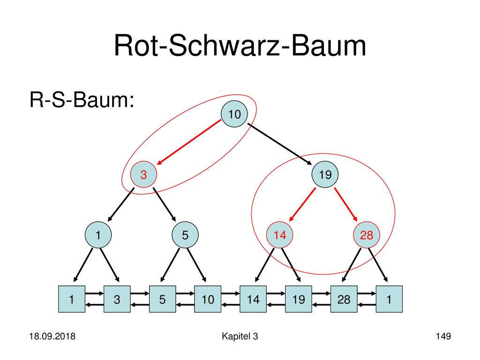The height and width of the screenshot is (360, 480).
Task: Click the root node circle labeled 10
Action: [234, 114]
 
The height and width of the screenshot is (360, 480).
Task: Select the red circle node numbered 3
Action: [143, 174]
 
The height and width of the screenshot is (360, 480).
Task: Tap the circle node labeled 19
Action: [325, 174]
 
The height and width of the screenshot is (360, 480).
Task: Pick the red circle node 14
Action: [279, 235]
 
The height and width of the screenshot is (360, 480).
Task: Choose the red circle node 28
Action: [367, 235]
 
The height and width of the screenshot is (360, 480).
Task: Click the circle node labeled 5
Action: [185, 235]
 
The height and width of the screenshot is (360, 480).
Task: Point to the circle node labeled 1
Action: [98, 235]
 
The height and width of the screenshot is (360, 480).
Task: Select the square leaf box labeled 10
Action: [208, 299]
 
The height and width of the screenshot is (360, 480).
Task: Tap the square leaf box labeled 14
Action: [253, 299]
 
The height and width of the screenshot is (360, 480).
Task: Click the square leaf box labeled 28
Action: [344, 299]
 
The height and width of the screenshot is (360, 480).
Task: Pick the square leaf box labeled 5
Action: [162, 299]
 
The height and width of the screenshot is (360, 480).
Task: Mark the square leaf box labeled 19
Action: [299, 299]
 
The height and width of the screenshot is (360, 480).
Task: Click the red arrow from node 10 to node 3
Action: [189, 142]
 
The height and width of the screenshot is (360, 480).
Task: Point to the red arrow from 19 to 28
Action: [346, 204]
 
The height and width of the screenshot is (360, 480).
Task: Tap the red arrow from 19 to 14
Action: [302, 204]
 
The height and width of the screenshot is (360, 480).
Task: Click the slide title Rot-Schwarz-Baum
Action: [240, 46]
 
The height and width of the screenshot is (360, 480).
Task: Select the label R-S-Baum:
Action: [82, 100]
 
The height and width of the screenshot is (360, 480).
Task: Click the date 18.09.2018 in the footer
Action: [52, 336]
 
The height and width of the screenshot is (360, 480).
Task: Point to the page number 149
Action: [443, 336]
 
